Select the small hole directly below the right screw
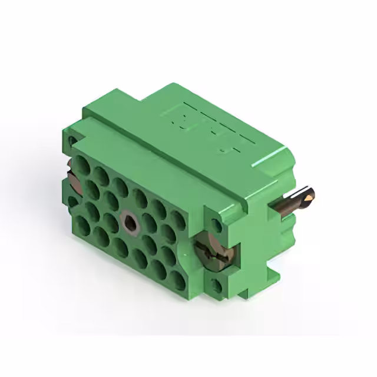[217, 287]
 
